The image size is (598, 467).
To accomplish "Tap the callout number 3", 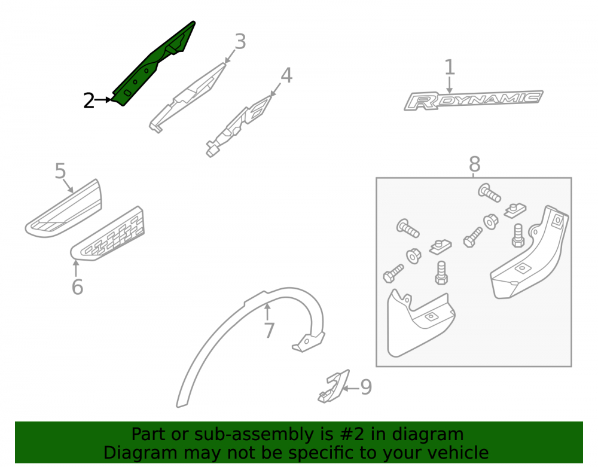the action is coord(240,41).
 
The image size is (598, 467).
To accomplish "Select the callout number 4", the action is coord(286,75).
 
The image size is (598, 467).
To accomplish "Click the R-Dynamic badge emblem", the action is coord(473,100).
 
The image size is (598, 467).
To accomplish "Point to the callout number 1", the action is coord(450,67).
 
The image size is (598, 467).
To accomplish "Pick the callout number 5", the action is coord(60,171).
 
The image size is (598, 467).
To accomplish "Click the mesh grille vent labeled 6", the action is coord(107,234).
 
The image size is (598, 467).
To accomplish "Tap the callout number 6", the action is coord(77,286).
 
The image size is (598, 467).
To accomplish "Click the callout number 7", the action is coord(269,330).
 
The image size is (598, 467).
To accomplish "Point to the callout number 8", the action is coord(474,164).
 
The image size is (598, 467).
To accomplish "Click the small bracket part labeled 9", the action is coord(334,386).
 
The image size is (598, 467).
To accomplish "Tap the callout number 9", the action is coord(366,387).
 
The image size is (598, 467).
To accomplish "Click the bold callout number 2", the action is coord(89,100).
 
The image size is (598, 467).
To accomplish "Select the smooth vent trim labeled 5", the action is coord(63,209).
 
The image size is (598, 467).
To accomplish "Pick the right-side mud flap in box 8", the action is coord(529,252).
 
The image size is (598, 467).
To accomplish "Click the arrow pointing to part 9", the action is coord(351,389).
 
